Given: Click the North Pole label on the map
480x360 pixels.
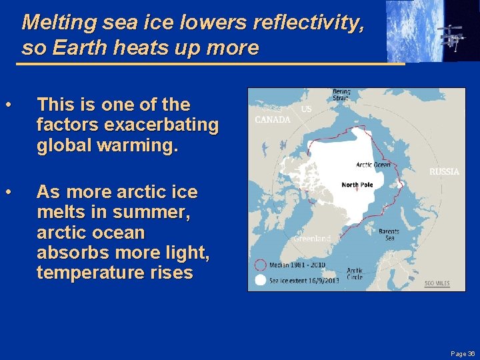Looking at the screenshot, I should click(357, 185).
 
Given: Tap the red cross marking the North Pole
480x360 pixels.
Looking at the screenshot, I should click(357, 191).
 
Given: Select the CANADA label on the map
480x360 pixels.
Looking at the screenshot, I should click(273, 120).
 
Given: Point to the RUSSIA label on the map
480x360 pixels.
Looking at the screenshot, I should click(444, 171).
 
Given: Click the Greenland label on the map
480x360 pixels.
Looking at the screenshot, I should click(312, 239).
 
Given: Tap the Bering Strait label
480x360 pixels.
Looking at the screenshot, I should click(341, 95).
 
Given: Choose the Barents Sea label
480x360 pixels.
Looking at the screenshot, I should click(389, 235).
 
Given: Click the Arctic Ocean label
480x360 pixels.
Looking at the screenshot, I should click(373, 165).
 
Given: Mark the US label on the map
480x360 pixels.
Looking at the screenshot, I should click(305, 108).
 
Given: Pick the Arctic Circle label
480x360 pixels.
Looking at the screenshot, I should click(355, 273).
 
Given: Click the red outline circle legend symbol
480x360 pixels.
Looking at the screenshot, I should click(260, 265).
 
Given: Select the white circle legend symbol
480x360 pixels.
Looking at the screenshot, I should click(260, 281).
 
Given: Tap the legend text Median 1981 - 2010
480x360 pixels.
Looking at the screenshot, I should click(298, 265).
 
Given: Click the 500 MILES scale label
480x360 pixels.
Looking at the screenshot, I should click(437, 283).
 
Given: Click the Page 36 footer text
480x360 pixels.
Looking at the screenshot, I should click(463, 353).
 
